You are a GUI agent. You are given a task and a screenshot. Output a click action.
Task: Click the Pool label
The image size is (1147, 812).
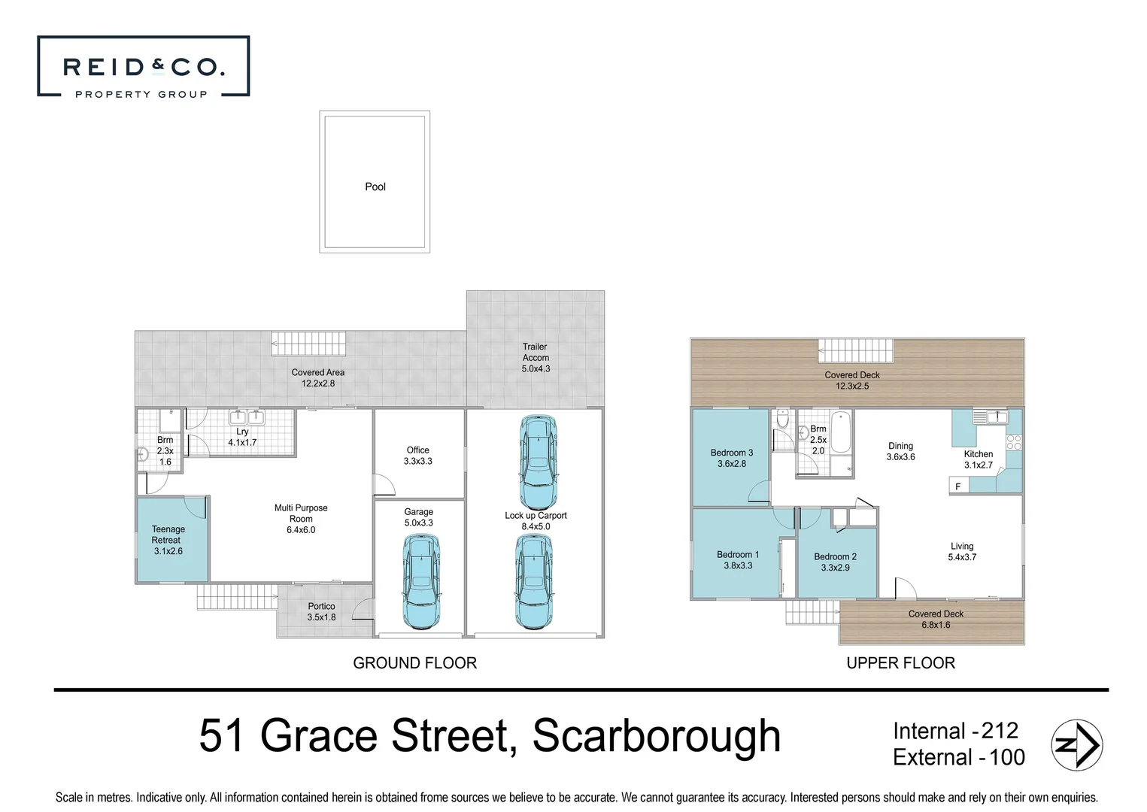coord(375,186)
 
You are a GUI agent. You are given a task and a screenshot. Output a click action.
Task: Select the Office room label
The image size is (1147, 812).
coord(418,456)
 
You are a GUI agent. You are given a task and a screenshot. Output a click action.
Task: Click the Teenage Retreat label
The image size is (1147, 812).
coord(168,540)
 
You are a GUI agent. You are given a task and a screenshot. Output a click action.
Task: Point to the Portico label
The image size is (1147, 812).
coord(321,611)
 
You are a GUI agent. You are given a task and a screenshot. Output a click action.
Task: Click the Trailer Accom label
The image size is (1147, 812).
coord(536,358)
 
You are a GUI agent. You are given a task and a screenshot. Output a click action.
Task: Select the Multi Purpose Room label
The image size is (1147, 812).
coord(301,519)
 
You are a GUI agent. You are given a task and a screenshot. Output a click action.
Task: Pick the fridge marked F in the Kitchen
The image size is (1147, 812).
coord(958,486)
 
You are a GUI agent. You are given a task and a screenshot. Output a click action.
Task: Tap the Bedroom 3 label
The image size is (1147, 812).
coord(731,458)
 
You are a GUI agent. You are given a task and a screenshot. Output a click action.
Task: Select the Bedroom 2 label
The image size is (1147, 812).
coord(835,562)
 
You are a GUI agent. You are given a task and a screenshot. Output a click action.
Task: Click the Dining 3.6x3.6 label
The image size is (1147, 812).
coord(900,451)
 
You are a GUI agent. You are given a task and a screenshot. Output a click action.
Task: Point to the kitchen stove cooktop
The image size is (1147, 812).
coord(1014,441)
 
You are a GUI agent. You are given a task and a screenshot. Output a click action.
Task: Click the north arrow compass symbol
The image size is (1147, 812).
coord(1076,745)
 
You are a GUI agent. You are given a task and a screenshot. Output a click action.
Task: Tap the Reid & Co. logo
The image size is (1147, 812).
coord(143,68)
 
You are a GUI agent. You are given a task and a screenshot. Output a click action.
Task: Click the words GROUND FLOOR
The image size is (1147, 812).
coord(414,663)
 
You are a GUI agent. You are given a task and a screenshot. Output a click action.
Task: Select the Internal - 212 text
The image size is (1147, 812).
coord(954,731)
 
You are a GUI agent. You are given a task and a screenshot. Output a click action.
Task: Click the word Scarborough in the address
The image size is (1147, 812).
coord(657,737)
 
